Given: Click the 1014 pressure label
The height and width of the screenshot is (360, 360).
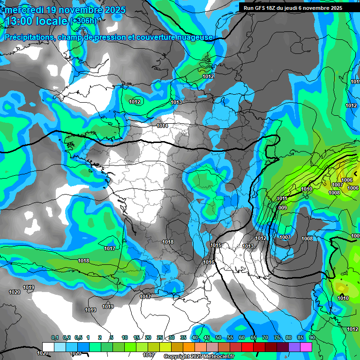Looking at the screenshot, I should tap(163, 126).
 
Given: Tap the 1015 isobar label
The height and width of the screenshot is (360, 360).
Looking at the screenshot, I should tap(216, 245).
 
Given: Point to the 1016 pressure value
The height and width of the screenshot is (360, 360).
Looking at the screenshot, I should tap(209, 262).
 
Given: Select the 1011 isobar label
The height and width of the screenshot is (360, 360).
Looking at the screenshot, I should tap(282, 198).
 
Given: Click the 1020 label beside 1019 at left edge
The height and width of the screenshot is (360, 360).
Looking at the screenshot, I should tap(14, 292).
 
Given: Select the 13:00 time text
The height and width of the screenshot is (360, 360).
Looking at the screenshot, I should tap(19, 21).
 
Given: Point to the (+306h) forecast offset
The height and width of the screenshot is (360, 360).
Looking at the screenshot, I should tap(83, 21).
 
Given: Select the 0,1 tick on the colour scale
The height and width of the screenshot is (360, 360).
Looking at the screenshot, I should tap(54, 337).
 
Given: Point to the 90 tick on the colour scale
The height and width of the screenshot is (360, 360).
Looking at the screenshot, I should tap(312, 337).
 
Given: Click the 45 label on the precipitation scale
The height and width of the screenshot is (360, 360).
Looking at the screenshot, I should tap(207, 337).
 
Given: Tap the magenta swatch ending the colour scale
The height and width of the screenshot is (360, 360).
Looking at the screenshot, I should tap(306, 346).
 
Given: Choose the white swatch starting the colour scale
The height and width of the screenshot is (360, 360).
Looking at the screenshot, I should tap(48, 346).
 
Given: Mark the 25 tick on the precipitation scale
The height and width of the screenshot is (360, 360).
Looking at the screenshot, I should tap(160, 337).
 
